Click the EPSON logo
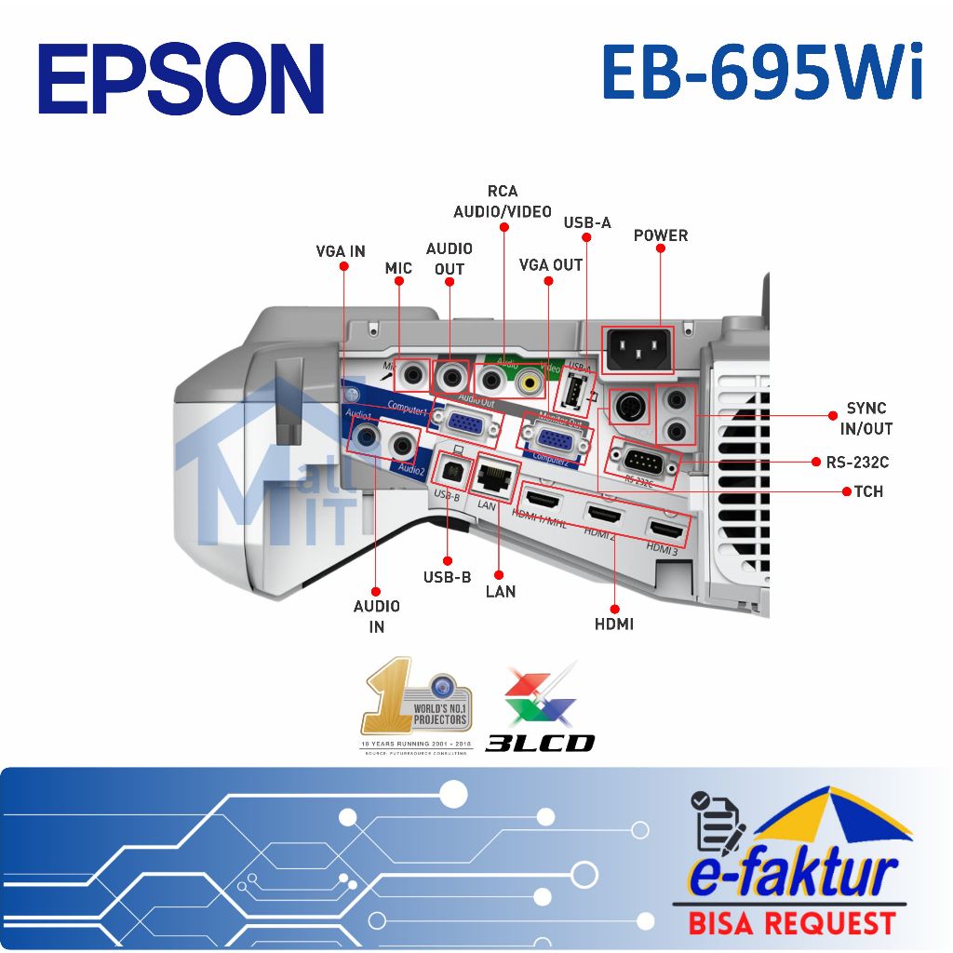coord(181,78)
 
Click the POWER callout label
coord(661,235)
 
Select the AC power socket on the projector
coord(639,350)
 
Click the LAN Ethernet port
coord(494,476)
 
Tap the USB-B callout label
coord(448,577)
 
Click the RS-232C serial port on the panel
coord(641,460)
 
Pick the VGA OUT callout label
coord(551,265)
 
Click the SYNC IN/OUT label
coord(866,419)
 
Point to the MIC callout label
coord(398,268)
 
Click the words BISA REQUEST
coord(791,923)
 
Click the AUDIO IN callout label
coord(377,616)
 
